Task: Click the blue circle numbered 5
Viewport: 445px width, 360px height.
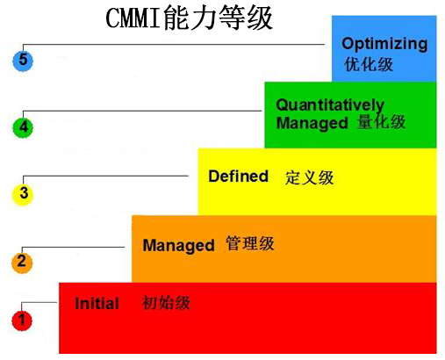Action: [x=23, y=61]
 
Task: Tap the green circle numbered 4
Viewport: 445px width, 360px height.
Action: [x=23, y=127]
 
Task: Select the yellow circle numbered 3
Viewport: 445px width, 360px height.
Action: [x=23, y=194]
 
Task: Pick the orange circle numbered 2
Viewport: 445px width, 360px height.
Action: [x=22, y=263]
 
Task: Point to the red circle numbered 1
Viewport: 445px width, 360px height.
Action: [x=22, y=320]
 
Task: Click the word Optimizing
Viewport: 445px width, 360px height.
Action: [x=384, y=45]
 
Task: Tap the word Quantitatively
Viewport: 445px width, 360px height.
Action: [x=330, y=105]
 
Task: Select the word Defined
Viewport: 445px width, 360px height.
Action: [x=238, y=176]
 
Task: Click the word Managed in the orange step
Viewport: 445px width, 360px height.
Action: [x=178, y=246]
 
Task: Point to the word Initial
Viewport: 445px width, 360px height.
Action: [x=97, y=304]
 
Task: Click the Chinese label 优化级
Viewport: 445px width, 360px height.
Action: [x=369, y=64]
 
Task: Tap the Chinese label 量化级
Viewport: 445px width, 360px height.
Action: [x=381, y=122]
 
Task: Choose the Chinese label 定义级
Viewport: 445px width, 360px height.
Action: [x=309, y=177]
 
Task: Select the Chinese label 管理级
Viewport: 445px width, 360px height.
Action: [x=250, y=243]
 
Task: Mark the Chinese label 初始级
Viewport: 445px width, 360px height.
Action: [x=166, y=303]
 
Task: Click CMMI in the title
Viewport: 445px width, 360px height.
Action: [x=133, y=18]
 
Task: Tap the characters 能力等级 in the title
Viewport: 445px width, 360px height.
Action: [x=219, y=18]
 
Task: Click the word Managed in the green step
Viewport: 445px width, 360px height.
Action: [x=312, y=123]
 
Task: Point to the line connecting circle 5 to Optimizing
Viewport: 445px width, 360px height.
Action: [x=174, y=45]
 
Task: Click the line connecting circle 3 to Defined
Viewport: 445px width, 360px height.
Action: [x=105, y=176]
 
